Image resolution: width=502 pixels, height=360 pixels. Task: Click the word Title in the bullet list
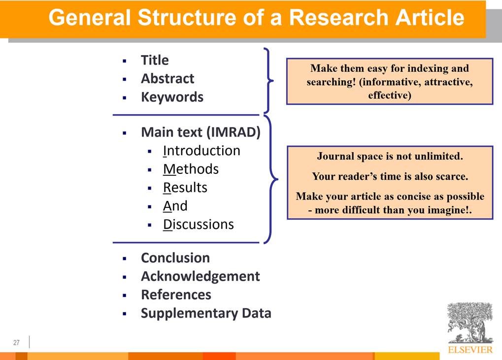155,60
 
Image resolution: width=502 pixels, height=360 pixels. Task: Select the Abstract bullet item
167,78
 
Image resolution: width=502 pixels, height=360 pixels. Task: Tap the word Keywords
172,97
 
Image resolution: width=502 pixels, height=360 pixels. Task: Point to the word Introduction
201,151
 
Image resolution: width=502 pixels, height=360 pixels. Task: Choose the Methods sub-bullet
191,169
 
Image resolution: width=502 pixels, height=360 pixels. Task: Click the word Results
185,188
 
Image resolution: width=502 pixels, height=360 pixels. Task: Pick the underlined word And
175,206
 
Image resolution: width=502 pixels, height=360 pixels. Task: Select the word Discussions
199,224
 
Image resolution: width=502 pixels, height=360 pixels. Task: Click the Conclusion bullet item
175,258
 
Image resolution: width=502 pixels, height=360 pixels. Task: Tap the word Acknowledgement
201,276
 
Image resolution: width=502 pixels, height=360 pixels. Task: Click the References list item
176,295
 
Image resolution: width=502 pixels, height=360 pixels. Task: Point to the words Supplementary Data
206,313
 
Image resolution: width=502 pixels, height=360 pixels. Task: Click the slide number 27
17,343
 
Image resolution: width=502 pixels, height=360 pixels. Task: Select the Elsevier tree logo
470,323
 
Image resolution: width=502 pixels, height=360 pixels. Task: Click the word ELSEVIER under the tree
470,350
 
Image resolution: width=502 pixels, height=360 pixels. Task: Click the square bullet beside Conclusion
125,259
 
